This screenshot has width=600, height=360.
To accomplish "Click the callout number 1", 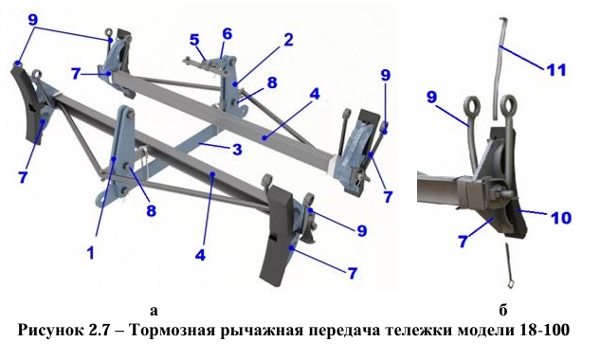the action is tap(91, 253).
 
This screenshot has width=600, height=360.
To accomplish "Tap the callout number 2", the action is tap(288, 40).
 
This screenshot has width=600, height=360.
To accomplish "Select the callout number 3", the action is tap(237, 149).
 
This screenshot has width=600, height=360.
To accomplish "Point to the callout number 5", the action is tap(194, 40).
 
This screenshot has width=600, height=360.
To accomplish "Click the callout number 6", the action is tap(227, 34).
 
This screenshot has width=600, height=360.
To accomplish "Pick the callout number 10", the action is tap(561, 218).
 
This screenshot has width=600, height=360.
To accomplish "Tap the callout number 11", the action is tap(556, 70).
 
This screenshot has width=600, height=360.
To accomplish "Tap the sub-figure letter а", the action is tap(154, 311).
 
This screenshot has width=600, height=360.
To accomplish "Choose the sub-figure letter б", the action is tap(502, 310).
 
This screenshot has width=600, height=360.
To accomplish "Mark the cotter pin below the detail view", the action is tap(509, 265).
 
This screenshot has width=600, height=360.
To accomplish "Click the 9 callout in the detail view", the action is tap(431, 97).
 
